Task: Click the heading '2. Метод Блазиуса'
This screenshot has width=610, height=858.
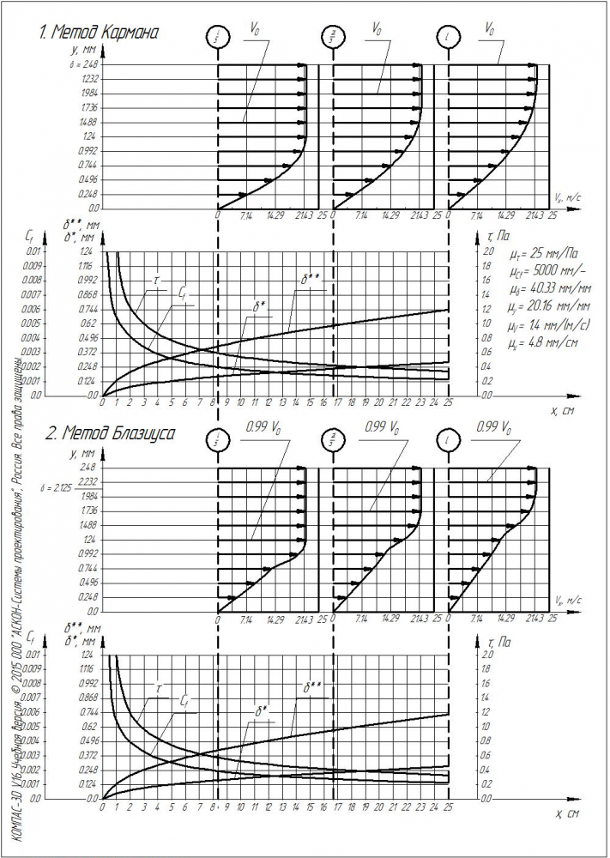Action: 107,434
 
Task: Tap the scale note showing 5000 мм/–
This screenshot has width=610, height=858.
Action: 539,272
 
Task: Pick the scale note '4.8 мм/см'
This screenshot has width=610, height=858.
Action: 537,343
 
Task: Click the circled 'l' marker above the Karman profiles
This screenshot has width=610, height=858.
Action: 449,37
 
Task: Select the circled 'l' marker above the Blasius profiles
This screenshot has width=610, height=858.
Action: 449,440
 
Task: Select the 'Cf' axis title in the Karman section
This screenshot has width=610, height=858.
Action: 31,234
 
